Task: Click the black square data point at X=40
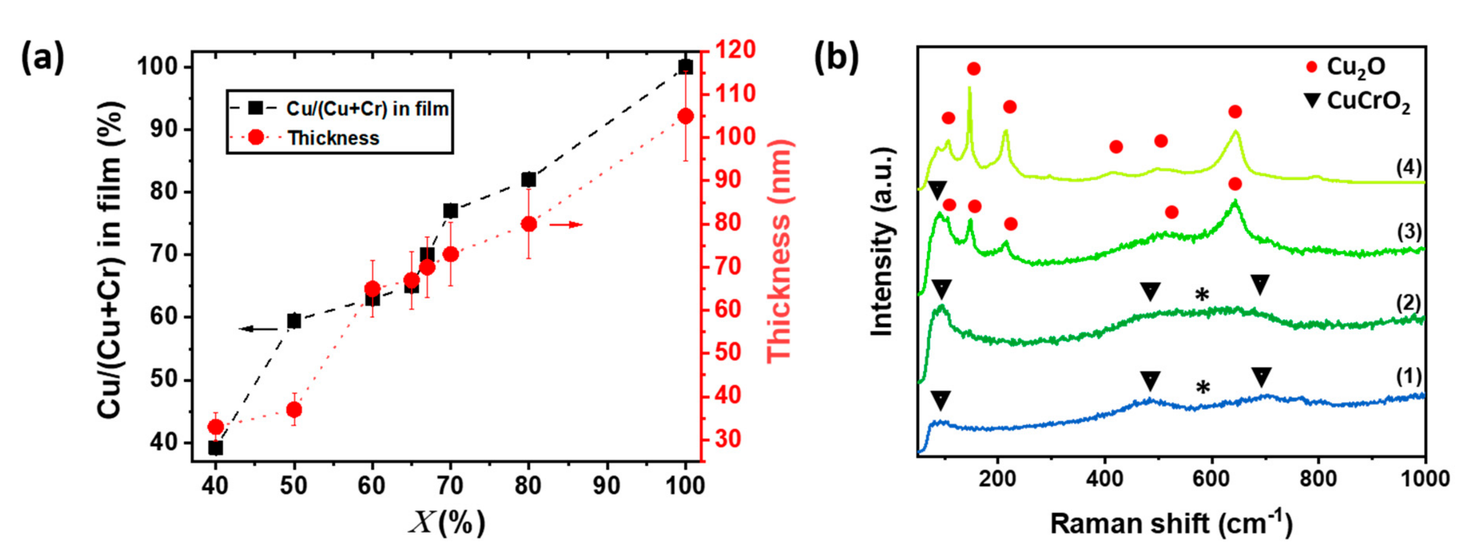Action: [215, 448]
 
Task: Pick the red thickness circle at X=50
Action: [294, 410]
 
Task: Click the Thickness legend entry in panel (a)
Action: [333, 138]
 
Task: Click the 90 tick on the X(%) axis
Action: [606, 486]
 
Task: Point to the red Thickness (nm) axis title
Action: [778, 252]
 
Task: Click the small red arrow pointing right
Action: [566, 224]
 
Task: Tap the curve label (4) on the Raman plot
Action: [1409, 168]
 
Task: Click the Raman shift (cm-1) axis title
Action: [1171, 523]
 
